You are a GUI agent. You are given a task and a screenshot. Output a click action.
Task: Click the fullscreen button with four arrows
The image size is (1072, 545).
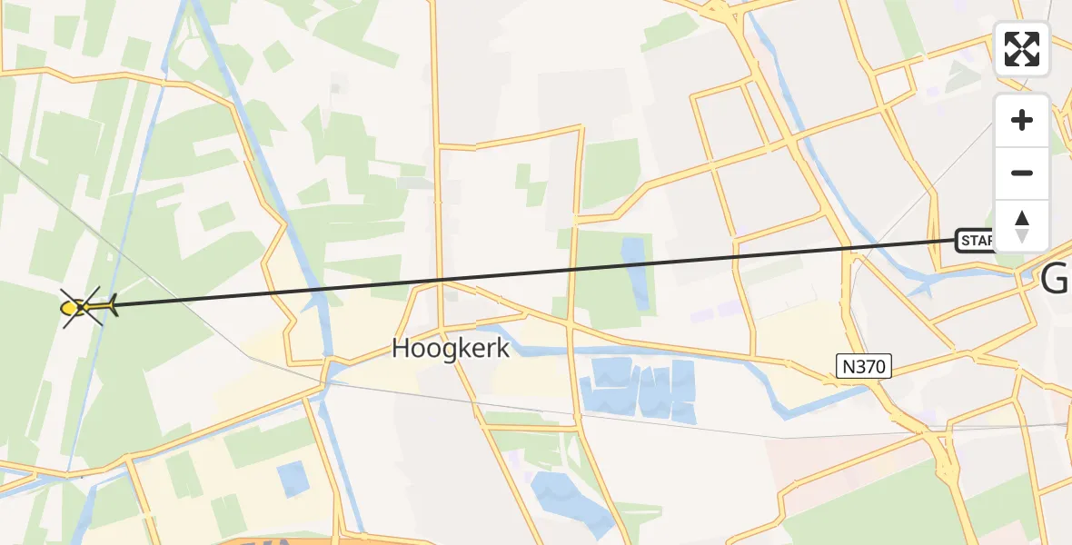point(1022,49)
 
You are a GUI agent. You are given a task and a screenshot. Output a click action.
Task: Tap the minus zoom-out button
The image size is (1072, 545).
point(1022,173)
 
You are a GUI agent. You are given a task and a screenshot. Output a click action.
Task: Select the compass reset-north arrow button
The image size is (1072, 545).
point(1022,226)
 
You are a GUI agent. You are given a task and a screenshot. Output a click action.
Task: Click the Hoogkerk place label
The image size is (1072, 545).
point(451,349)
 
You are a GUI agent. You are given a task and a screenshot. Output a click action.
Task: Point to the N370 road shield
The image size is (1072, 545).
point(864,367)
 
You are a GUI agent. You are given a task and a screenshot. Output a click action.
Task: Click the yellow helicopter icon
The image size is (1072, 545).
point(86,308)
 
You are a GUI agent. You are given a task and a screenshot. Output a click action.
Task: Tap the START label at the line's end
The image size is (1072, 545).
point(976,241)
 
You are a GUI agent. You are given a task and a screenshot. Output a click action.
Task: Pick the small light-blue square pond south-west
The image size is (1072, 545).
point(293,479)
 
